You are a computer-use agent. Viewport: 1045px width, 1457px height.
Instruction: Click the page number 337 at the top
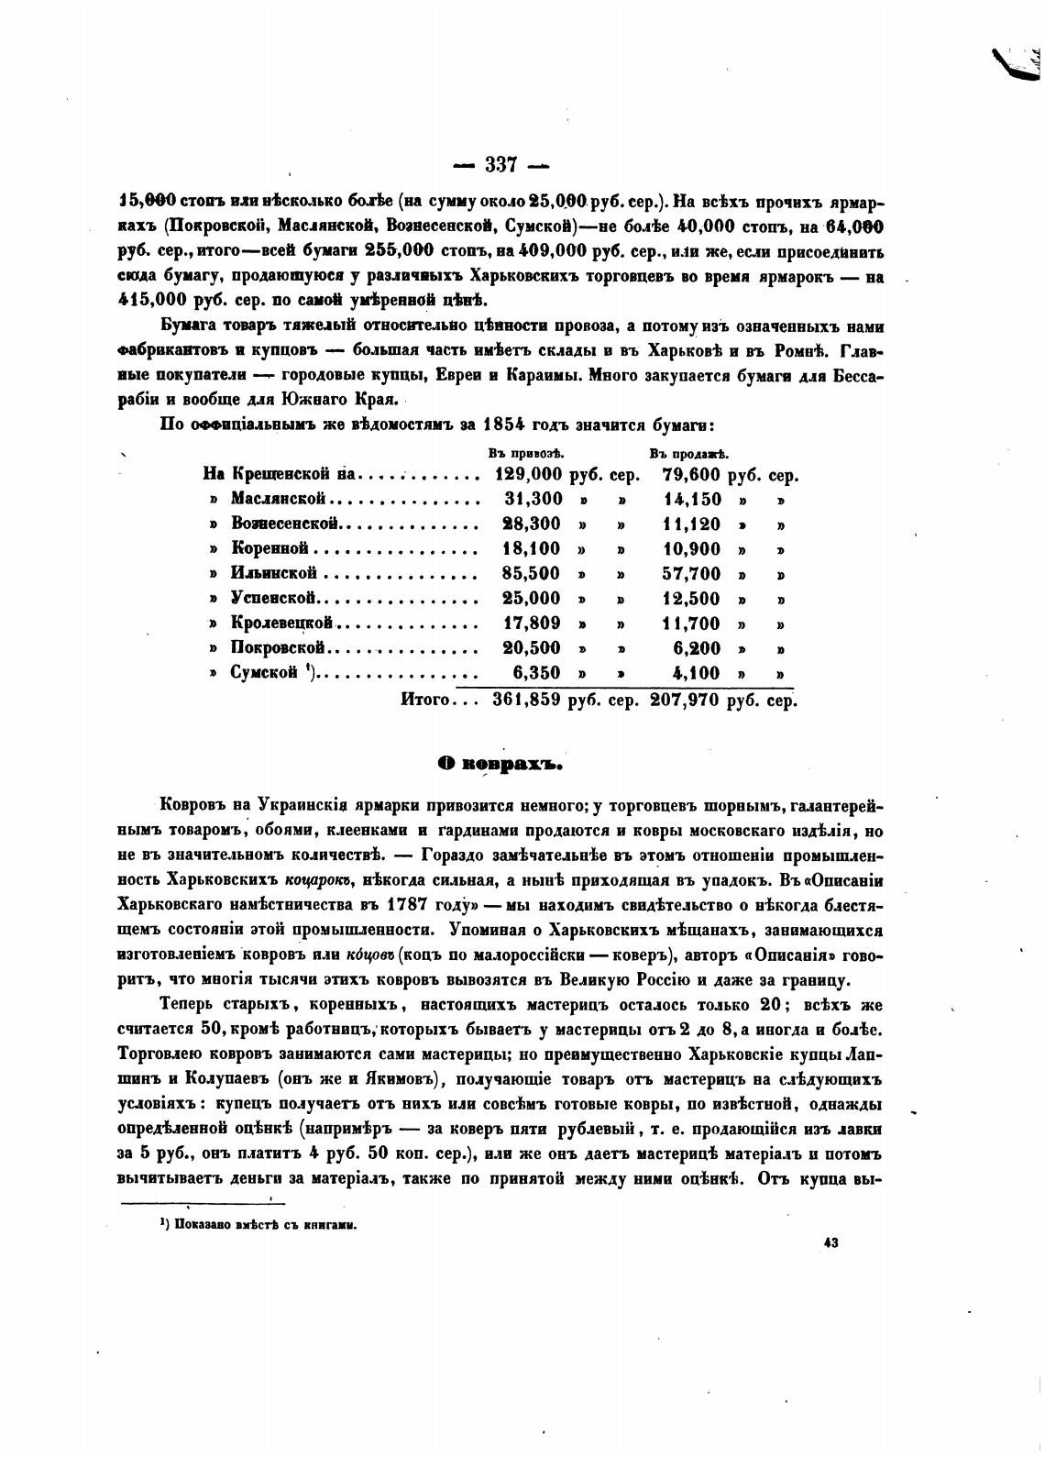pos(501,165)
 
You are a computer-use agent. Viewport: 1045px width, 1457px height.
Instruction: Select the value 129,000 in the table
pos(527,476)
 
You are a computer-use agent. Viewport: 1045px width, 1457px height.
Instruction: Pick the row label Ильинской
pos(274,574)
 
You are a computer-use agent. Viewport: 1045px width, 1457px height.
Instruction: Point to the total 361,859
pos(526,701)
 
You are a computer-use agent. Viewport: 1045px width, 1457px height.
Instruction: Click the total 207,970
pos(684,701)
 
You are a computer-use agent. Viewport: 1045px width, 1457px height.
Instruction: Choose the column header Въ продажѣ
pos(687,453)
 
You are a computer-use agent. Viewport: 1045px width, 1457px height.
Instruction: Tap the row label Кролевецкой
pos(280,624)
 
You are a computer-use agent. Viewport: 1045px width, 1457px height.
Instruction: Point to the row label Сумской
pos(265,673)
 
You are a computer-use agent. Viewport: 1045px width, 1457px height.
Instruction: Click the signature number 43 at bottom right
pos(831,1243)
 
